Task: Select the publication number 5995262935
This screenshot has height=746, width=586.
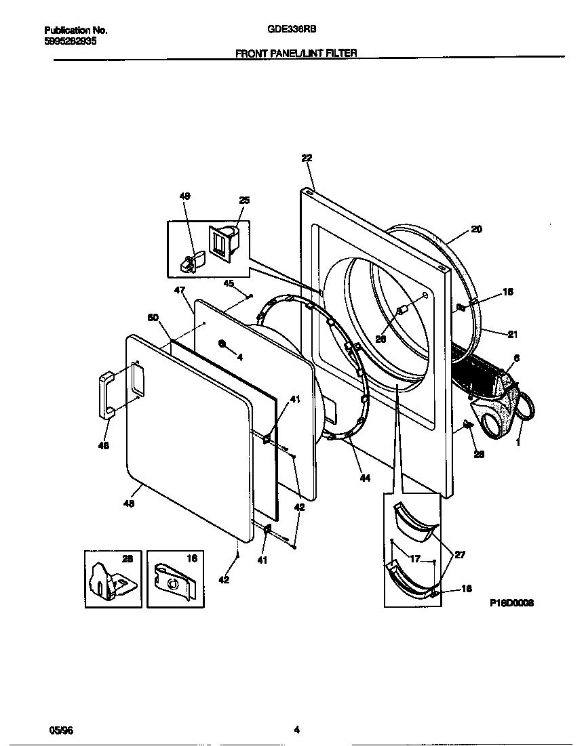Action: click(x=70, y=41)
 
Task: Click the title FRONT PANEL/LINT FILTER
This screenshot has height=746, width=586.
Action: click(x=296, y=52)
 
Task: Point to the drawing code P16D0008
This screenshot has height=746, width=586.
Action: click(x=512, y=602)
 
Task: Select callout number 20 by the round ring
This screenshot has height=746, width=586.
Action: click(x=476, y=229)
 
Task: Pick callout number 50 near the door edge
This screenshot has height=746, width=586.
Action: click(x=153, y=317)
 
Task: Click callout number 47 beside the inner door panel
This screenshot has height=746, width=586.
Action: click(x=179, y=290)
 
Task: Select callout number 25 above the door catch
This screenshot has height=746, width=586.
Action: click(x=244, y=200)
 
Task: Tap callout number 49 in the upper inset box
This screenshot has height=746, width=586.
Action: click(x=184, y=196)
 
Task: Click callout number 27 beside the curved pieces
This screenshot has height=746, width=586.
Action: click(x=460, y=554)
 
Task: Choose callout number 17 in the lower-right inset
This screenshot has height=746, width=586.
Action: click(x=414, y=559)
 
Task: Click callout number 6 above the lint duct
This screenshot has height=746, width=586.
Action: click(x=516, y=358)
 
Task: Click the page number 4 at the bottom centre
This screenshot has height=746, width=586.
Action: click(x=296, y=730)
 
